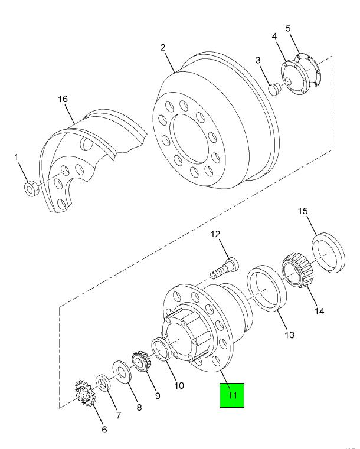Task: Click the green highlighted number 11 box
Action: click(232, 395)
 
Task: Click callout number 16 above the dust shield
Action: click(63, 99)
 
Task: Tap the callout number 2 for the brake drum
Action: click(163, 48)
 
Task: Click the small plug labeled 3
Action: click(275, 89)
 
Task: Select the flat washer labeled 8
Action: click(122, 371)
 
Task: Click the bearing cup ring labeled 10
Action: click(161, 349)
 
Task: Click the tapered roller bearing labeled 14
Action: click(298, 270)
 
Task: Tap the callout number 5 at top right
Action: click(288, 28)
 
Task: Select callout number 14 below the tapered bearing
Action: click(319, 311)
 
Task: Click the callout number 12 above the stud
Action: click(215, 234)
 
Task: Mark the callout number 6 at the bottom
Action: click(104, 430)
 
